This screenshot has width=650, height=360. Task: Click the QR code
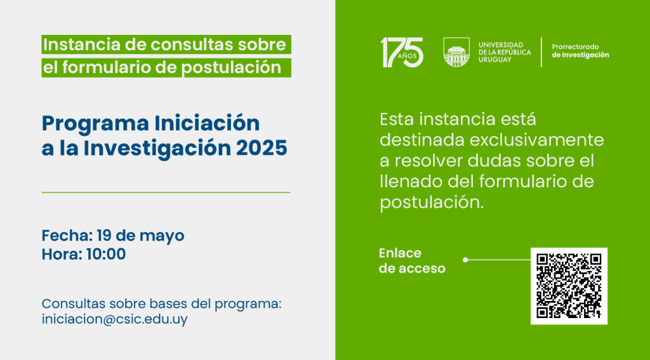click(x=569, y=286)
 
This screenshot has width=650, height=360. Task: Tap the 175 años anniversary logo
click(x=402, y=52)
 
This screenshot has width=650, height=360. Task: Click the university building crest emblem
click(x=456, y=52)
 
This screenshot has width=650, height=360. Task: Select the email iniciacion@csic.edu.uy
click(x=114, y=319)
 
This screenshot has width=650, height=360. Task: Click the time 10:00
click(x=106, y=254)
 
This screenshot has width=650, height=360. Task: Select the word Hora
click(x=62, y=254)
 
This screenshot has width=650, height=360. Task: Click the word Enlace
click(x=400, y=253)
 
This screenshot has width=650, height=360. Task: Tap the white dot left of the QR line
click(x=465, y=260)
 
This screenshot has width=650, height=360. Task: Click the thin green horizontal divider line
click(x=166, y=192)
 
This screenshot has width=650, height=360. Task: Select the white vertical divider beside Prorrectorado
click(x=541, y=52)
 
